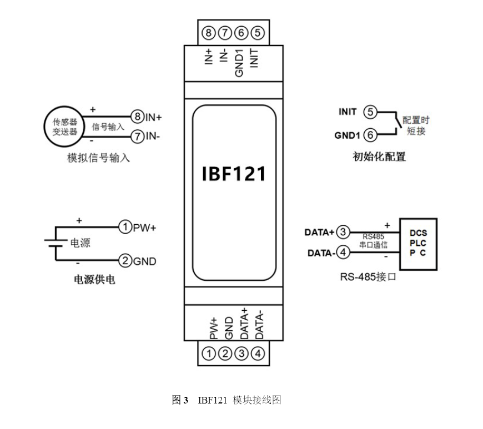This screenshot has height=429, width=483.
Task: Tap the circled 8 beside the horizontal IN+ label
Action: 137,117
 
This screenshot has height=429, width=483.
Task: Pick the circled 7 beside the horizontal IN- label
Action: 137,136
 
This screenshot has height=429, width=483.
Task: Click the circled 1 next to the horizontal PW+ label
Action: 125,226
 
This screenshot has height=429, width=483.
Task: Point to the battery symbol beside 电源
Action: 56,243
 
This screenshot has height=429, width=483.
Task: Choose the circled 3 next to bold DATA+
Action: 344,232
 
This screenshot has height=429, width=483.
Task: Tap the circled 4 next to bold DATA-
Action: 344,253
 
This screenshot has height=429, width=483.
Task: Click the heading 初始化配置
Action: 379,157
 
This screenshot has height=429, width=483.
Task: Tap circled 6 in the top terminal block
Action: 241,33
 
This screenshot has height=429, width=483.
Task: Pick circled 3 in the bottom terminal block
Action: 241,354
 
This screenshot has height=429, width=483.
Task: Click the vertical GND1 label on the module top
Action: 240,63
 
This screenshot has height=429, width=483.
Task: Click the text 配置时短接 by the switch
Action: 416,125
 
